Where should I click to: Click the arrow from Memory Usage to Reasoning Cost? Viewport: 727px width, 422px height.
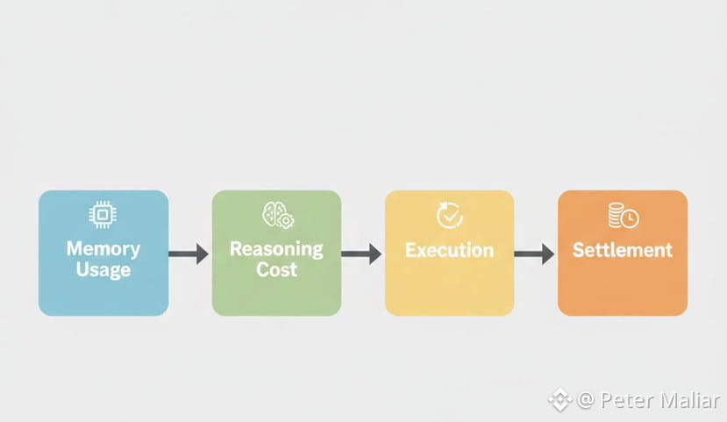(x=189, y=254)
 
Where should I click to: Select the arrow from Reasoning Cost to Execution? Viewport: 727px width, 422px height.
(x=362, y=254)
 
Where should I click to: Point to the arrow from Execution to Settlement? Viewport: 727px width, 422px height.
(x=535, y=254)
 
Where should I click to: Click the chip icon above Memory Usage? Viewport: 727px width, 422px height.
(x=103, y=215)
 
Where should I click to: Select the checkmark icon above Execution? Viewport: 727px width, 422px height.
(x=449, y=215)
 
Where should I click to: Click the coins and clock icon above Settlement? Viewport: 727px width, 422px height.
(x=623, y=215)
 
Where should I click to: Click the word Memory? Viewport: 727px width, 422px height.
(x=103, y=248)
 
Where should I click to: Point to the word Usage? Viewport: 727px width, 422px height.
(x=103, y=269)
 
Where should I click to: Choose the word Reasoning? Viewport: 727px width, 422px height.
(x=276, y=248)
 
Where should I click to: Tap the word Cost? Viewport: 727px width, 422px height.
(x=276, y=269)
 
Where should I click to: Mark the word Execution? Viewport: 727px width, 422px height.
(x=449, y=250)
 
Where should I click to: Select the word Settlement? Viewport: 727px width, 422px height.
(x=623, y=250)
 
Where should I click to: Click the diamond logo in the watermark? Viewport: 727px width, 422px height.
(x=560, y=401)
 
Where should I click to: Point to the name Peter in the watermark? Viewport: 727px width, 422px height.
(x=624, y=401)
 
